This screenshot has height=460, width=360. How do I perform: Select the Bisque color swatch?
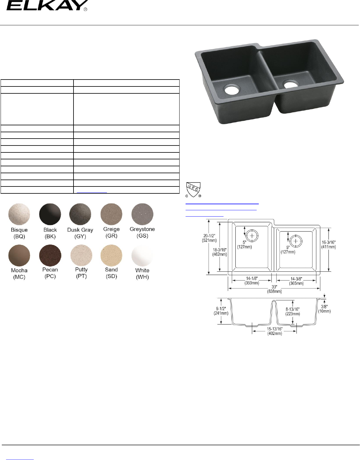19,214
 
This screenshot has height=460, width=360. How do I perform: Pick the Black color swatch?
50,214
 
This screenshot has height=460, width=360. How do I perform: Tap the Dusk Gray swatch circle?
80,214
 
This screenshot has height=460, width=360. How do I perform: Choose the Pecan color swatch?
50,255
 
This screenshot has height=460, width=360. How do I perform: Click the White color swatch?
142,255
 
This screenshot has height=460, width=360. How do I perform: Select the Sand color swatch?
111,255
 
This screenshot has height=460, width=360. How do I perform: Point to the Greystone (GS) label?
142,233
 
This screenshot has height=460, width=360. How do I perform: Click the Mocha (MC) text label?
19,274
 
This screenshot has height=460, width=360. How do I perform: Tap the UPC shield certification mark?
193,190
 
